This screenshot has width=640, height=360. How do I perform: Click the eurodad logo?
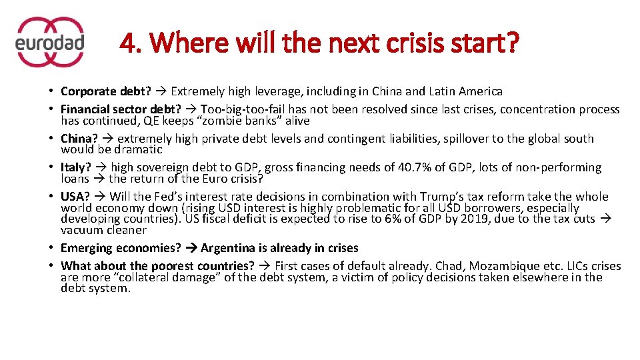click(49, 42)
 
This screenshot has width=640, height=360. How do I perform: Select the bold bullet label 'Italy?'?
click(75, 167)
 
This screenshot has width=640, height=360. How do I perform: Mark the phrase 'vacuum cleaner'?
click(103, 230)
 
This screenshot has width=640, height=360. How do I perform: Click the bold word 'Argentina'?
click(228, 248)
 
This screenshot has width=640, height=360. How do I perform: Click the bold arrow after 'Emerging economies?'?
click(191, 248)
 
